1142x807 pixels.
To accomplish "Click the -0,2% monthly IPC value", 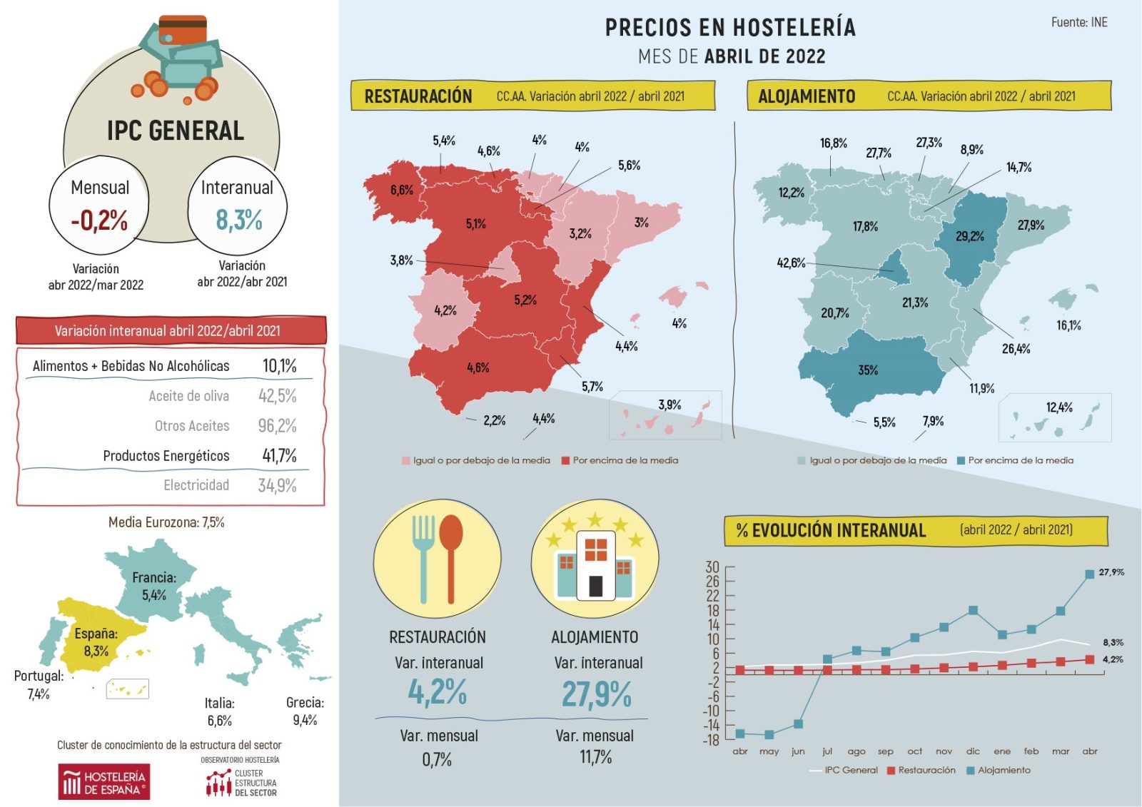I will pos(99,220).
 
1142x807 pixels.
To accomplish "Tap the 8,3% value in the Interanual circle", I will pos(239,220).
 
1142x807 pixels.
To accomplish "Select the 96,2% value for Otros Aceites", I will pos(277,426).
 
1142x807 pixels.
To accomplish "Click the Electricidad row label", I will pos(196,485).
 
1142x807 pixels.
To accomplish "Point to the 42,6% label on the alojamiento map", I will pos(791,263).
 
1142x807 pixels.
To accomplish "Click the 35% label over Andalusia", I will pos(868,370).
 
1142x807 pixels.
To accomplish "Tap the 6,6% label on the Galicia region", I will pos(401,191).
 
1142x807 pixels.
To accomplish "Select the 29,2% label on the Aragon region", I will pos(970,236).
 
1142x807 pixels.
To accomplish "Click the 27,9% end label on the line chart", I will pos(1111,572).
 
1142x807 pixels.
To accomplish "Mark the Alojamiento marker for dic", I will pos(973,611).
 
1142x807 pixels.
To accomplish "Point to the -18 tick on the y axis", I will pos(711,740).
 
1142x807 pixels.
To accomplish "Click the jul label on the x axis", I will pos(827,751).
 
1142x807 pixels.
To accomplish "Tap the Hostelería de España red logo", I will pos(104,782).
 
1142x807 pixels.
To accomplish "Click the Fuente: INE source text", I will pos(1079,23).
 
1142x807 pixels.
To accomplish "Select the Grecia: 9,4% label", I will pos(305,711).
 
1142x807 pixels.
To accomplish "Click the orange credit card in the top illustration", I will pos(183,30).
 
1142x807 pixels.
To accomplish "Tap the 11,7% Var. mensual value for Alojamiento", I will pos(595,758).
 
